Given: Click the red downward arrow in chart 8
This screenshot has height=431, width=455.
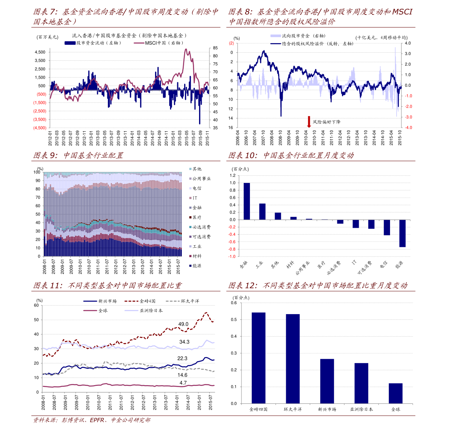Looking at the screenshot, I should pos(309,122).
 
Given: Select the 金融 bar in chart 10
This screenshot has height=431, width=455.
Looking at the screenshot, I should pos(247,201).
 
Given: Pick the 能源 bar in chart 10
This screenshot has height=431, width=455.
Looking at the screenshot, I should pos(402,233).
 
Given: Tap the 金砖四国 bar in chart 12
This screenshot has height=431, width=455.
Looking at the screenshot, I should pos(259,358).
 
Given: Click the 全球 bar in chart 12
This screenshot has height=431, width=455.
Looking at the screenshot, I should pos(395,393).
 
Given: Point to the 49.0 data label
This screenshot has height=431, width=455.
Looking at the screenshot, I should pos(183,324).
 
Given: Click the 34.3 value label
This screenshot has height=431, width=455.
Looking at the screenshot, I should pos(185,342).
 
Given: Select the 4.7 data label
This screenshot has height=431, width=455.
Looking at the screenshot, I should pos(183,383).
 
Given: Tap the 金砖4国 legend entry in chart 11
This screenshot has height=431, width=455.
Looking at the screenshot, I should pos(147,301).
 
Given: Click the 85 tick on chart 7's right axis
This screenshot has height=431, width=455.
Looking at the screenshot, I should pos(215,48).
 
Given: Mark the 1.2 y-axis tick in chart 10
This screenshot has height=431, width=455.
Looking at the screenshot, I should pos(233,175).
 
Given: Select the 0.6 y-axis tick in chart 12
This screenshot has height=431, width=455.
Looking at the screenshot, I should pos(234,303).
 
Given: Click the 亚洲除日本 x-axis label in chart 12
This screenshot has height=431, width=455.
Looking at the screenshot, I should pos(361,409).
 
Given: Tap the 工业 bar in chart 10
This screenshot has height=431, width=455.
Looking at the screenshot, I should pos(262,212).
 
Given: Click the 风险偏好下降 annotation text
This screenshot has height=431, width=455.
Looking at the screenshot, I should pos(327,122).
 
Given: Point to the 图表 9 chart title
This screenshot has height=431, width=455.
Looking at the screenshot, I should pos(78,156).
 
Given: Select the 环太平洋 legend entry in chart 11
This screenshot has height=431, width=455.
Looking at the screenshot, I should pos(189,301).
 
